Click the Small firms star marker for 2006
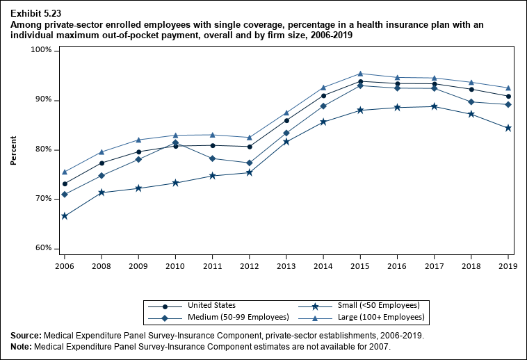[x=65, y=216]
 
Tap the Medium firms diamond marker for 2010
[x=175, y=142]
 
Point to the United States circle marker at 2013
[x=286, y=120]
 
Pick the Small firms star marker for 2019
[x=508, y=128]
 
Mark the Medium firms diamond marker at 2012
[x=250, y=163]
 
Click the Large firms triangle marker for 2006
[x=65, y=172]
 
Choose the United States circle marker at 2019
[x=508, y=97]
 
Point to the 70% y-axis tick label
[x=43, y=199]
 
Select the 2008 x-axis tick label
[x=102, y=265]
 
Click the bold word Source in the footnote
[x=26, y=336]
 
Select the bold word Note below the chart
[x=22, y=346]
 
